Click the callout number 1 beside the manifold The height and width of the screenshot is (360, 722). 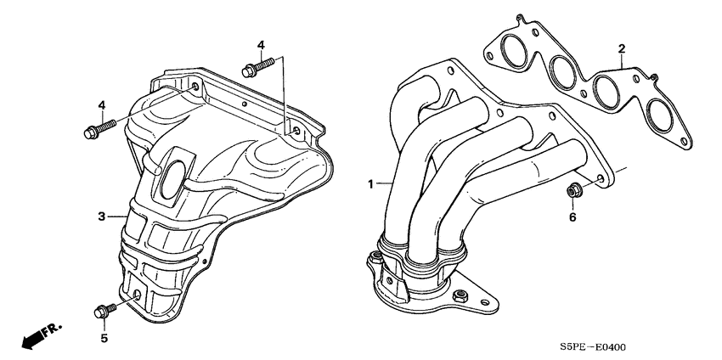pos(370,183)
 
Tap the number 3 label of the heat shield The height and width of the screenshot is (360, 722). pos(101,217)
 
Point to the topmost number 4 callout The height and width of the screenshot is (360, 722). pos(261,44)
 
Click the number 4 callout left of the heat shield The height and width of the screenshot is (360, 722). pos(101,104)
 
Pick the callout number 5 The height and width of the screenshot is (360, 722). pos(105,338)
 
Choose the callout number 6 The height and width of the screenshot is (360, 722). pos(572,217)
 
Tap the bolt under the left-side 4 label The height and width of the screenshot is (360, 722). pos(94,131)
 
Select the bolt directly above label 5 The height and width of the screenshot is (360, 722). pos(103,312)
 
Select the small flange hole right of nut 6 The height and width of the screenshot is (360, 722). pos(601,180)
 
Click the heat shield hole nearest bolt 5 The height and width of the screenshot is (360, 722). pos(137,295)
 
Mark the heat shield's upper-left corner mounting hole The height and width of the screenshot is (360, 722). pos(195,87)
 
